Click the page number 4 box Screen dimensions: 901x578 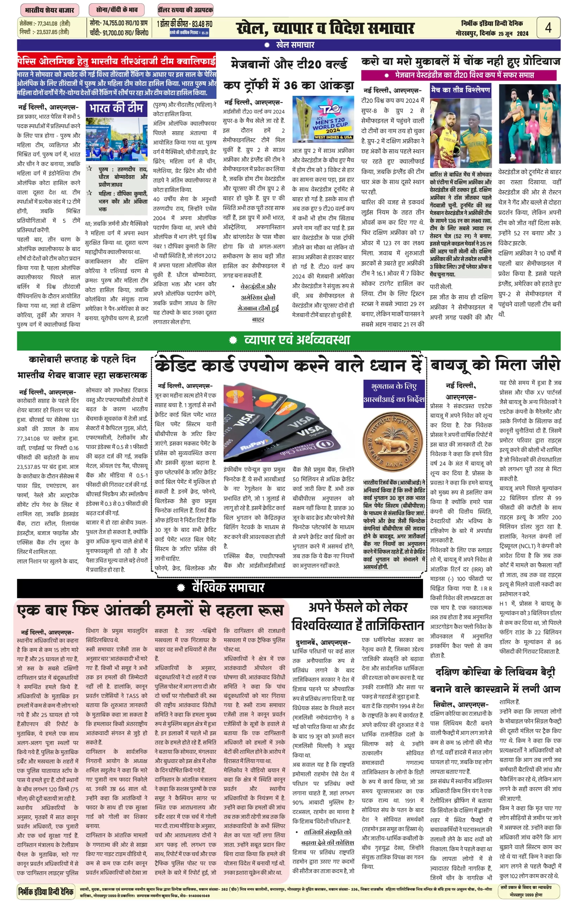[x=548, y=27]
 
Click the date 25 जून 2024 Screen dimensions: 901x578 [x=513, y=33]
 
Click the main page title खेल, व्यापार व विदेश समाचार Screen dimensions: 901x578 [x=325, y=28]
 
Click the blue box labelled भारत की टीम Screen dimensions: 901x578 [x=116, y=108]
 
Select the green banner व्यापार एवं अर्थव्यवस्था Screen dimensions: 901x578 [x=289, y=340]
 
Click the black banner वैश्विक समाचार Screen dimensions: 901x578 [x=220, y=587]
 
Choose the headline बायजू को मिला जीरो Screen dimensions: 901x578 [x=495, y=364]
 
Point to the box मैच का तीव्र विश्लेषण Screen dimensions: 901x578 [x=460, y=90]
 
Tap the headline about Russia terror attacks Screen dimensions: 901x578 [x=150, y=610]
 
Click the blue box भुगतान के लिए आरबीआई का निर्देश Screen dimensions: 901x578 [x=394, y=392]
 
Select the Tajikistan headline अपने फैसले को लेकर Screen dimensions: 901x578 [x=358, y=616]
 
